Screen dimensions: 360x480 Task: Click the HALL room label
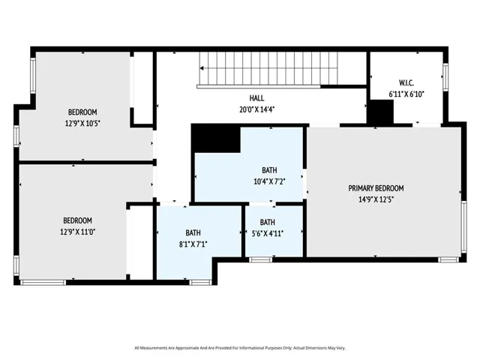[x=257, y=98]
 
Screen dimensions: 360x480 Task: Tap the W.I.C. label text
[x=406, y=82]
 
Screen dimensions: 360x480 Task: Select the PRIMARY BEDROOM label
[x=376, y=188]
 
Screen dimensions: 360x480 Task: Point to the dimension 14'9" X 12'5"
[x=376, y=199]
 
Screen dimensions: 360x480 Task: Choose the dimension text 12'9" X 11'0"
[x=77, y=232]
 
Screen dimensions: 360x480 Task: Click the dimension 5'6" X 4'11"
[x=268, y=233]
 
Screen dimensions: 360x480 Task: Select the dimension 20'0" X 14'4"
[x=257, y=109]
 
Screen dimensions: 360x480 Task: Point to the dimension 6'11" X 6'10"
[x=406, y=94]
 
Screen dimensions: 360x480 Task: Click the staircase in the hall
[x=270, y=69]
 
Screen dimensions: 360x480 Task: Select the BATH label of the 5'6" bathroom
[x=268, y=222]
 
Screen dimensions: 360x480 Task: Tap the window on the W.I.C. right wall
[x=446, y=78]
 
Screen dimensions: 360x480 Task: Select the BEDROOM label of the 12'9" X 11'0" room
[x=77, y=220]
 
